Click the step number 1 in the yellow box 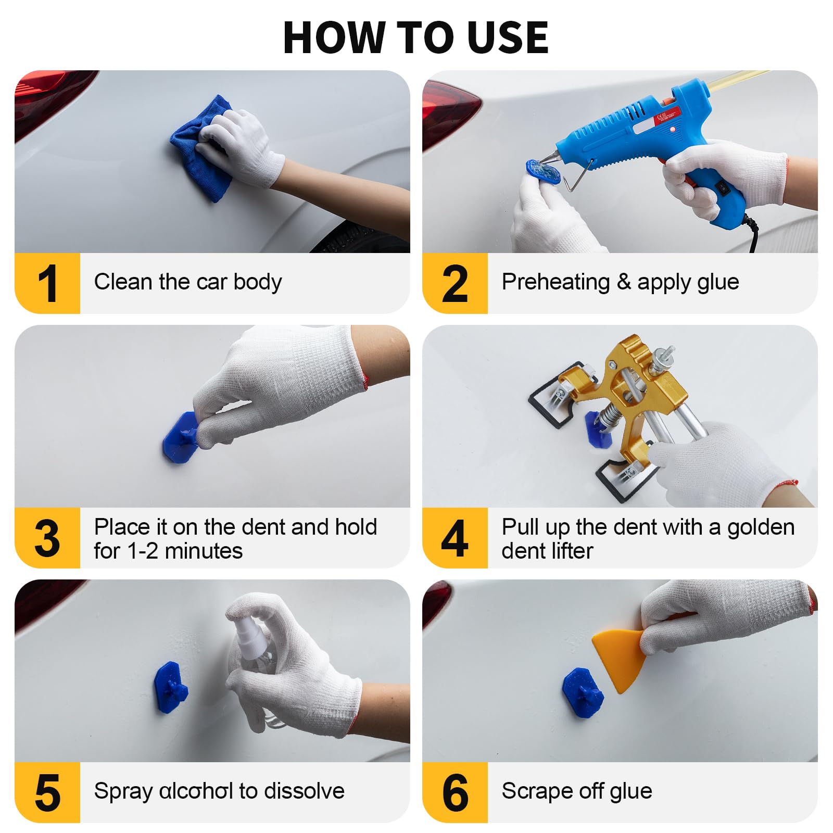pos(48,283)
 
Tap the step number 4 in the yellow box pos(455,538)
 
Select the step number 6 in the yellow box pos(456,793)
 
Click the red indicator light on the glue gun pos(673,129)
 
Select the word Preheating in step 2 pos(556,283)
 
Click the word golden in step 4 pos(761,528)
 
